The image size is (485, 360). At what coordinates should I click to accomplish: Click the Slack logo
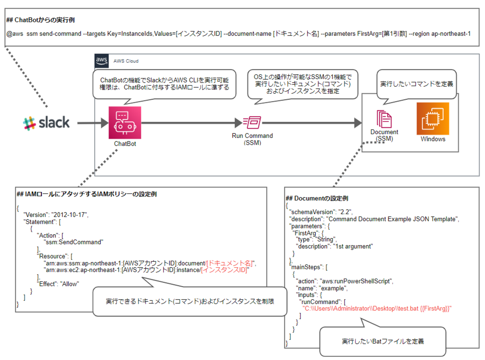[46, 123]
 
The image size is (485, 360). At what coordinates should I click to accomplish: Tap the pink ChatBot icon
[125, 123]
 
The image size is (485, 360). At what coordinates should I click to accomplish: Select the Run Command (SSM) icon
[252, 122]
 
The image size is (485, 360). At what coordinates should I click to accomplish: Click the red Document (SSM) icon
[384, 119]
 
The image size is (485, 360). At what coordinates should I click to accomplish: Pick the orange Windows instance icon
[433, 119]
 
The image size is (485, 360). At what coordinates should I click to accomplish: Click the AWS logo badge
[101, 60]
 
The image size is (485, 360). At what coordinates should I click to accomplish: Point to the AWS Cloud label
[126, 61]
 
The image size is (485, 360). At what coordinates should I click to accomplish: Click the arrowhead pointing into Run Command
[238, 123]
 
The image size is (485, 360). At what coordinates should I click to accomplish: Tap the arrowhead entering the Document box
[358, 123]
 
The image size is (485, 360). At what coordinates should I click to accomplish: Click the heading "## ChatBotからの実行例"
[40, 20]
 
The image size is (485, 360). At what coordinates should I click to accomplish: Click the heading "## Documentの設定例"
[317, 198]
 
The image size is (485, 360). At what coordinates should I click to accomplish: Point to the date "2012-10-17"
[69, 215]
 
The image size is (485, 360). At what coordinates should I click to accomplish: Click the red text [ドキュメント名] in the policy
[230, 263]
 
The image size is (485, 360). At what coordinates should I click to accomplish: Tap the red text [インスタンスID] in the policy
[224, 270]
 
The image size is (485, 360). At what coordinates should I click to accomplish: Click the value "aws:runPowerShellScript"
[356, 281]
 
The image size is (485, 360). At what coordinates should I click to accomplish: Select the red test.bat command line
[377, 309]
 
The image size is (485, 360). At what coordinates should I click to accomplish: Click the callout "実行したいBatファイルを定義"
[383, 341]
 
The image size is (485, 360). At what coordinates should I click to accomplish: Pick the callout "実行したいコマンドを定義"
[416, 84]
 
